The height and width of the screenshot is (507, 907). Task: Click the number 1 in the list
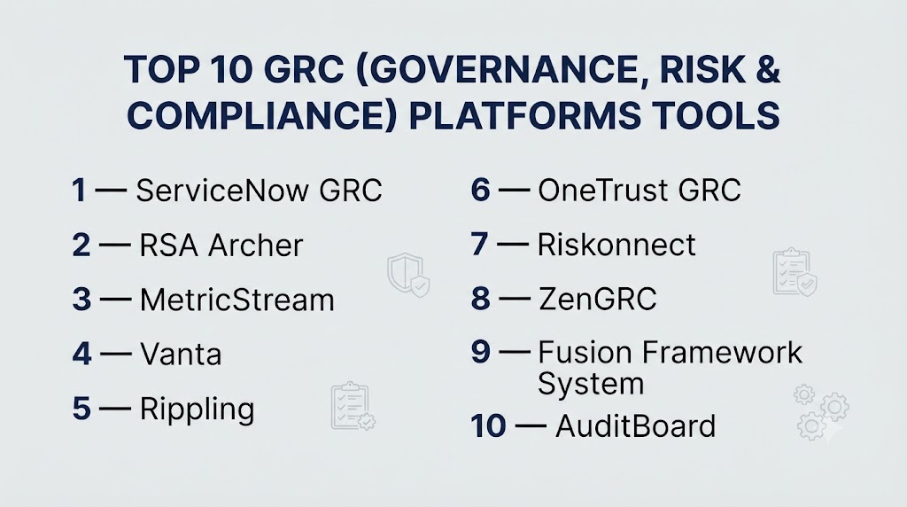click(79, 191)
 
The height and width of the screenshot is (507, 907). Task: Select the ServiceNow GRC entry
click(260, 191)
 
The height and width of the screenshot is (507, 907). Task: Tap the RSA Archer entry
click(221, 246)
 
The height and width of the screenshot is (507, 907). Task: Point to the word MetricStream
click(237, 300)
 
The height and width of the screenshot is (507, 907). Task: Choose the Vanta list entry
click(181, 355)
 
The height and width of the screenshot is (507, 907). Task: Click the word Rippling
click(198, 409)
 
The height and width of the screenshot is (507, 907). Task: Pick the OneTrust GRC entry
click(640, 191)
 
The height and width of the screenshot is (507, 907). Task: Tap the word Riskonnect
click(616, 245)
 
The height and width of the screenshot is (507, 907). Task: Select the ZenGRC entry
click(598, 299)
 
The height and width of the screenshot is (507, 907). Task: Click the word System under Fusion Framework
click(591, 384)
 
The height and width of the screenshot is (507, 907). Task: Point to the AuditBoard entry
click(635, 426)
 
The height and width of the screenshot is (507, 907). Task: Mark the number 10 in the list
click(488, 426)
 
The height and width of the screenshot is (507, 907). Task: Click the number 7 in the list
click(479, 245)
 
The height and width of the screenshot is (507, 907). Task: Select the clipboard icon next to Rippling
click(353, 406)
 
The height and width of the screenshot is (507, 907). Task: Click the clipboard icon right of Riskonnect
click(795, 272)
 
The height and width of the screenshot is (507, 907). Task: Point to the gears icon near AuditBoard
click(821, 411)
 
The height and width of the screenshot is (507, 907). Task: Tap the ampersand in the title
click(767, 69)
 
